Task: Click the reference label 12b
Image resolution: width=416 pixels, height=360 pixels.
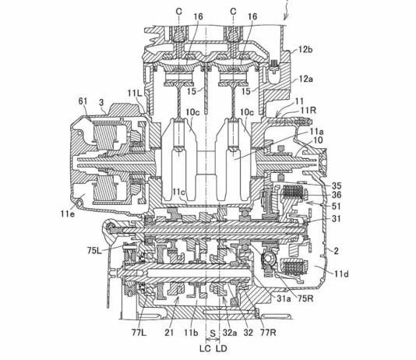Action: (305, 50)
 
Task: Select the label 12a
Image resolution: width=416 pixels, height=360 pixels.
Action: (305, 79)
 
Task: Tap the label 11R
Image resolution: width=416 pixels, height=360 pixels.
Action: (308, 110)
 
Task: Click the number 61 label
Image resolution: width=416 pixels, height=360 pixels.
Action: (83, 101)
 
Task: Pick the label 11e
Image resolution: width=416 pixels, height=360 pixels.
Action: (68, 214)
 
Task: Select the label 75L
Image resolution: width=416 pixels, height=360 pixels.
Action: (95, 250)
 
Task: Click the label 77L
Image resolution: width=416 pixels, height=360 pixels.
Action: (139, 333)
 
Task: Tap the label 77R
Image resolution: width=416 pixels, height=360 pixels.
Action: (268, 333)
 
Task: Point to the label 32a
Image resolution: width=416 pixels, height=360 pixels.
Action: (230, 333)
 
